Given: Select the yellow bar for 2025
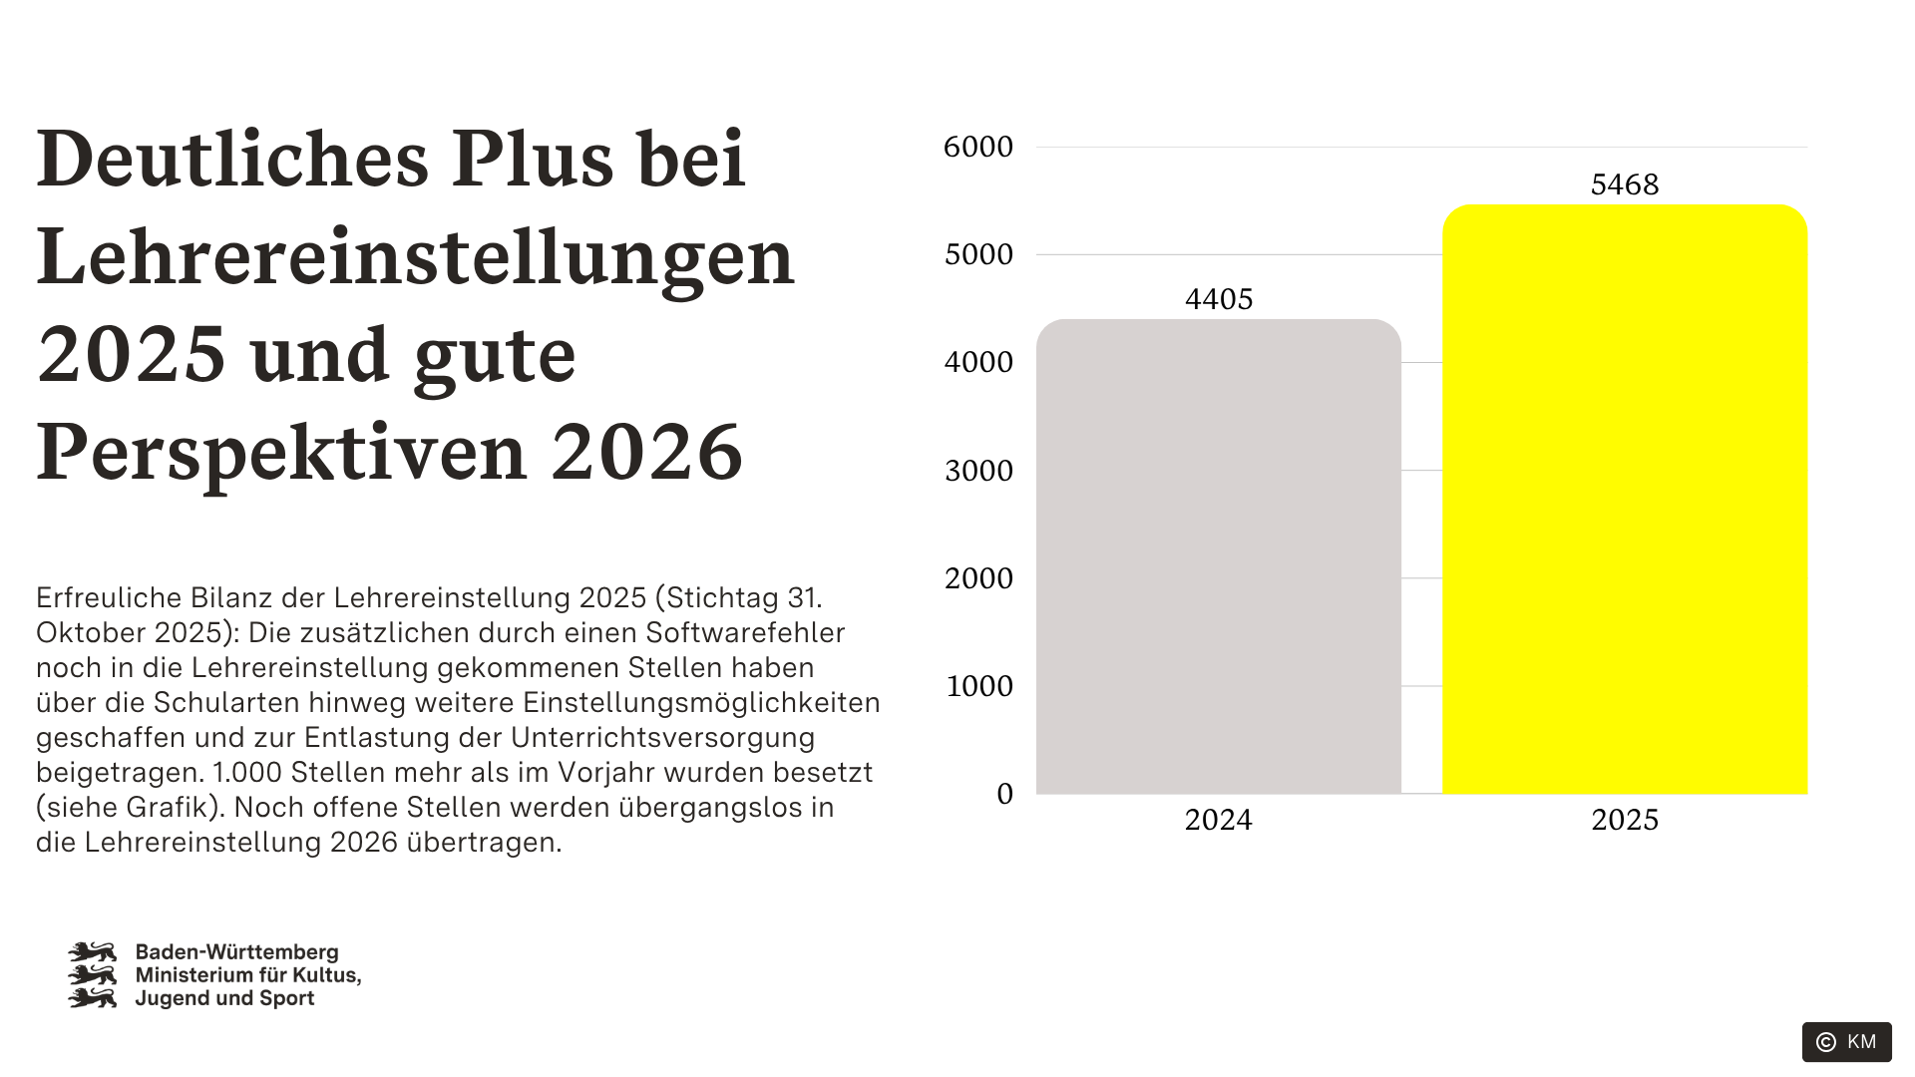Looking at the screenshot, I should [1625, 499].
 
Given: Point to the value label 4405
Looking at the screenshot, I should [1219, 299].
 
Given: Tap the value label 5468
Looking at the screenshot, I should [1625, 184].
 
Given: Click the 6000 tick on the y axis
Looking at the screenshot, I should [978, 148].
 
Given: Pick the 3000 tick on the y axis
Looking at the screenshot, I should [978, 471].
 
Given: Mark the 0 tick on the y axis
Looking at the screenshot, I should [1004, 794].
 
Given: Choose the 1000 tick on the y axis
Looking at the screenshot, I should [978, 686].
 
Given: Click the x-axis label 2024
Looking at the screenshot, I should [1218, 820].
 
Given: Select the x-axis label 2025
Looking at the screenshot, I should [1625, 820].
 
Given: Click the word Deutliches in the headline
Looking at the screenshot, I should [232, 159].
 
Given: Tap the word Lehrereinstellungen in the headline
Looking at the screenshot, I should [415, 256].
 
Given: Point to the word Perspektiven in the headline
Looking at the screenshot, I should [281, 452].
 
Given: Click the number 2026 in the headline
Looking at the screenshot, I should [647, 452].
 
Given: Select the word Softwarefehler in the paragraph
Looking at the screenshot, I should [745, 633].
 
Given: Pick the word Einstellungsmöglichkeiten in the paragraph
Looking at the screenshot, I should [701, 703].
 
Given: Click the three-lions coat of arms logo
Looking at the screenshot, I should [92, 975].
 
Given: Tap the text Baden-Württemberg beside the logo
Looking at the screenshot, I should [237, 952].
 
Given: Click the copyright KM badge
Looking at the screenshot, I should [1846, 1042].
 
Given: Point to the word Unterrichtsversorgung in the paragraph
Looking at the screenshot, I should [662, 738].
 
